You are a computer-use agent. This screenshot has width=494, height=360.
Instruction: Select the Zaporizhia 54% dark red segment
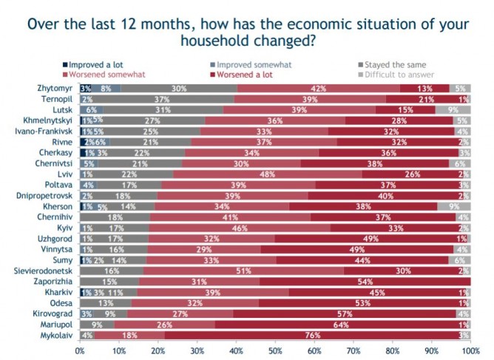click(364, 282)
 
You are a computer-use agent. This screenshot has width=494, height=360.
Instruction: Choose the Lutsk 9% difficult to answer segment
click(453, 110)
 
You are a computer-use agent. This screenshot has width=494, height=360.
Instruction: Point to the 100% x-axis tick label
click(467, 350)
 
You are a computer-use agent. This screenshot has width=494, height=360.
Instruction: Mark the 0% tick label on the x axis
click(80, 350)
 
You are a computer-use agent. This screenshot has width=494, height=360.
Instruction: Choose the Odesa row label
click(61, 303)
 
